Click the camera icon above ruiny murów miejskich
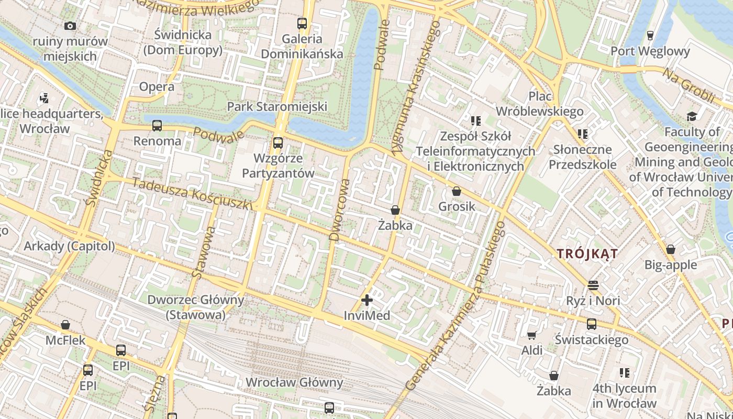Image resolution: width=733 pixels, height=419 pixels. click(x=70, y=26)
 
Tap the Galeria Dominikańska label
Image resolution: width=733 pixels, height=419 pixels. click(x=302, y=46)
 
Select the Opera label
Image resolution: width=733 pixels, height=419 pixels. click(x=157, y=87)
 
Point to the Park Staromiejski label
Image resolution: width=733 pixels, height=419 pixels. click(x=277, y=106)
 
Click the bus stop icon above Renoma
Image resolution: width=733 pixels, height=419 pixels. click(x=157, y=126)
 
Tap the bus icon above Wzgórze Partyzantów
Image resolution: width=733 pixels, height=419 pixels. click(x=278, y=142)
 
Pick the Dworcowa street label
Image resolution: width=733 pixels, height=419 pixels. click(x=339, y=210)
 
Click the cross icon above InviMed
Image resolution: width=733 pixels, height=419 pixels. click(x=367, y=300)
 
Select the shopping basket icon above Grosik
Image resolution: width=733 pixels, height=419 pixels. click(x=457, y=191)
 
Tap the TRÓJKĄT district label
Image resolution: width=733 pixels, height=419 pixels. click(x=587, y=254)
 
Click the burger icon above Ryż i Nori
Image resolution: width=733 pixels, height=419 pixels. click(x=593, y=285)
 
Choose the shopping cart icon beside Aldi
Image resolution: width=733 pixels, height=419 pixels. click(x=531, y=335)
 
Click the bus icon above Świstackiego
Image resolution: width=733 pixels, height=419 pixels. click(x=592, y=324)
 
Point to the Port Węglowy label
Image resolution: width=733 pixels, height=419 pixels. click(x=650, y=51)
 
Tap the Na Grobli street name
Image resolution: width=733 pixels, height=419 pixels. click(x=689, y=85)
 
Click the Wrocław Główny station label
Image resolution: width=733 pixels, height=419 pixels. click(x=294, y=382)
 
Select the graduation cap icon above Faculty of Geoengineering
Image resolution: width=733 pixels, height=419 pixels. click(x=692, y=116)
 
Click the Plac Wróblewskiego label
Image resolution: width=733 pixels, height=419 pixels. click(x=539, y=104)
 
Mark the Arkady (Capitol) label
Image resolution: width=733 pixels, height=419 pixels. click(x=69, y=246)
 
